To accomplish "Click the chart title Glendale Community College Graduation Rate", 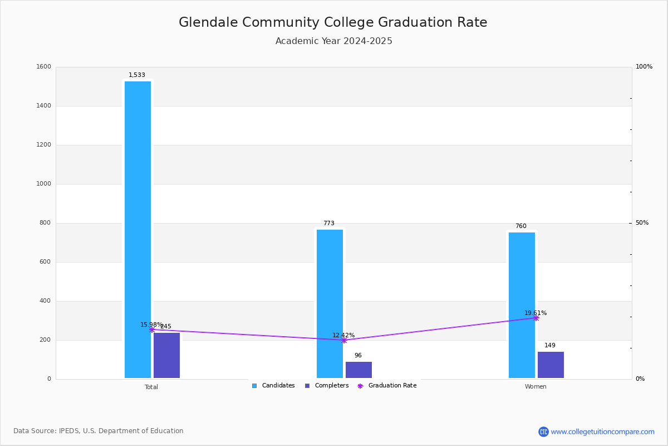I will pyautogui.click(x=333, y=23).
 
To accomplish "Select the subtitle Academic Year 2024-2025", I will pyautogui.click(x=333, y=41).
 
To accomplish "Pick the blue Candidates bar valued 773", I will pyautogui.click(x=330, y=304).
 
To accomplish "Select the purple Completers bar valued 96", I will pyautogui.click(x=358, y=370).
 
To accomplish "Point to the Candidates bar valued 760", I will pyautogui.click(x=522, y=306).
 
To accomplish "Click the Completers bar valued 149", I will pyautogui.click(x=551, y=365).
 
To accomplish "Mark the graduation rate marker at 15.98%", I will pyautogui.click(x=151, y=329).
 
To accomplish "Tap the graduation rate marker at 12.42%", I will pyautogui.click(x=343, y=340).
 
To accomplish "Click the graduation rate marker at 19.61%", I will pyautogui.click(x=536, y=318).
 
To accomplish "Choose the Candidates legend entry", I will pyautogui.click(x=273, y=386).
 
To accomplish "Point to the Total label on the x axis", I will pyautogui.click(x=151, y=387).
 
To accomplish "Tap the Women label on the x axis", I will pyautogui.click(x=536, y=387).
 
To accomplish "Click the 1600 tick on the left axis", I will pyautogui.click(x=44, y=67).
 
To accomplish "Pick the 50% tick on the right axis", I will pyautogui.click(x=642, y=223).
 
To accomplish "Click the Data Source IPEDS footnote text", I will pyautogui.click(x=99, y=431).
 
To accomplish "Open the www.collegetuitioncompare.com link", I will pyautogui.click(x=602, y=432).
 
